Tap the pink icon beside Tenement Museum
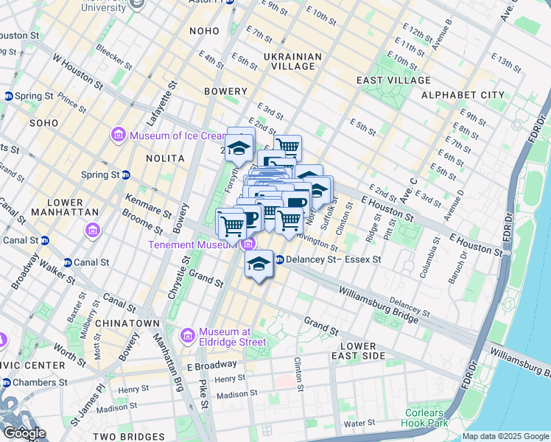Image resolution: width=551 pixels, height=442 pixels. point(250,245)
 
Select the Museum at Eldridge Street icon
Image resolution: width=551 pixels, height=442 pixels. point(187,336)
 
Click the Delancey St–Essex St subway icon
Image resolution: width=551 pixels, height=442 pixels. point(280,259)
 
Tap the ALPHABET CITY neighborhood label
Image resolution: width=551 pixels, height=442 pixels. point(463,95)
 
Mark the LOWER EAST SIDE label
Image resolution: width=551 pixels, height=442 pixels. point(358,351)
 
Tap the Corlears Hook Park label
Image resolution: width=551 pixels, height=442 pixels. point(426,418)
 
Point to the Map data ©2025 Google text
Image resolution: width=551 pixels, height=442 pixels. point(505,436)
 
